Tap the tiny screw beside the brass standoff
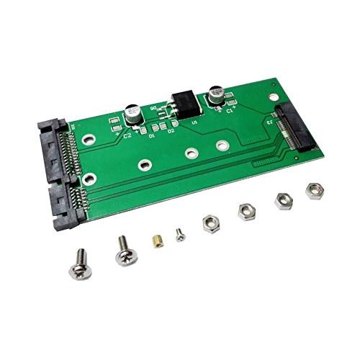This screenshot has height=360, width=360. click(x=179, y=233)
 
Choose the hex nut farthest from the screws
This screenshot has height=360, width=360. click(x=314, y=190)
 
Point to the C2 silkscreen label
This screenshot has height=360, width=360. click(x=127, y=135)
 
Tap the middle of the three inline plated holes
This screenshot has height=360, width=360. click(x=190, y=153)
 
